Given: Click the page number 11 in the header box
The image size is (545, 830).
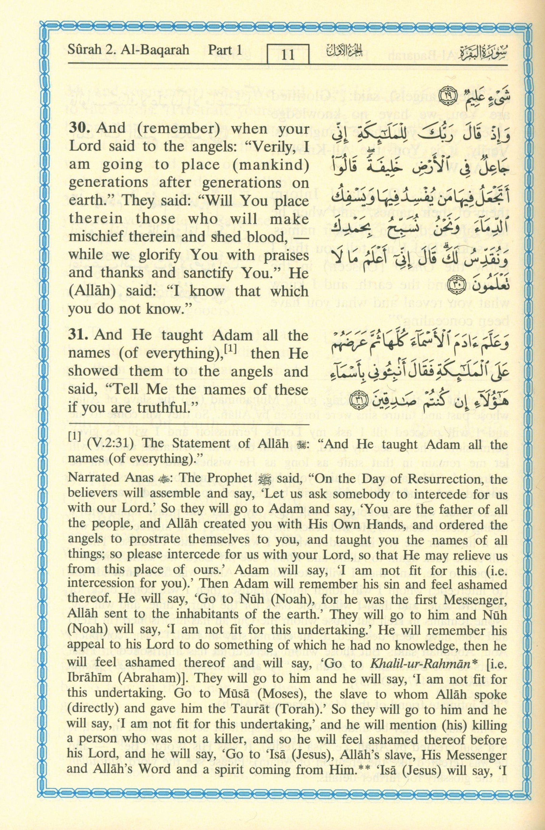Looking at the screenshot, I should (x=288, y=55).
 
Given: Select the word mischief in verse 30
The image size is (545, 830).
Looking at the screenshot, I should (x=96, y=237).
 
